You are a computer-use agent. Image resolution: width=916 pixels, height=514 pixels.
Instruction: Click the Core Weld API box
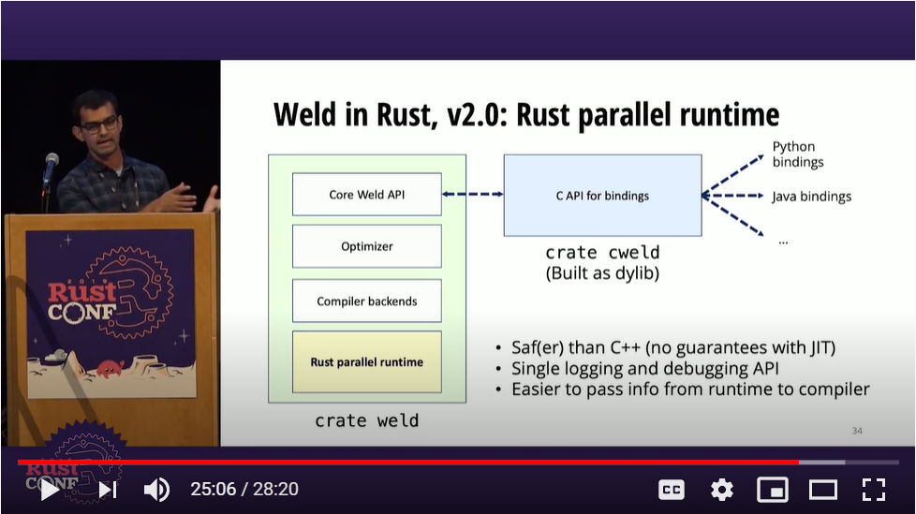coord(367,195)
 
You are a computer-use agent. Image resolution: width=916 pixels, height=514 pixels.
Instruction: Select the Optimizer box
coord(367,246)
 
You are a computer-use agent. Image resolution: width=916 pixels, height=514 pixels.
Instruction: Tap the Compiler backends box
coord(367,301)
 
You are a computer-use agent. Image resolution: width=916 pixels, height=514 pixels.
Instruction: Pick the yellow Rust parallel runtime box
coord(367,362)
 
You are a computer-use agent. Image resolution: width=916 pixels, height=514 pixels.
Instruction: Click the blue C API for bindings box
coord(603,196)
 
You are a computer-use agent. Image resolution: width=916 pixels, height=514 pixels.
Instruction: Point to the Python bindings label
coord(798,154)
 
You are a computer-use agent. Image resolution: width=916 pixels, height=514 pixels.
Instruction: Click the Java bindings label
coord(811,197)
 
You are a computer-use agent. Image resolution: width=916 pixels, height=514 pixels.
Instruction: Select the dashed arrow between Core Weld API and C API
coord(473,194)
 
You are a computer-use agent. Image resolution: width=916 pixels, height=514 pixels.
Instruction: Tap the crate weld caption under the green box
coord(367,420)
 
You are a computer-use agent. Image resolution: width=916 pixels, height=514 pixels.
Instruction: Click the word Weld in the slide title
coord(305,114)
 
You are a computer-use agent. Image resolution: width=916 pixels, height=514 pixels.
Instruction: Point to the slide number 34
coord(857,431)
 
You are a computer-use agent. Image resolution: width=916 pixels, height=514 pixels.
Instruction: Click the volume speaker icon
coord(156,490)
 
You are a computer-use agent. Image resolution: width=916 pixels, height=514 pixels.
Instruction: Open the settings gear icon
coord(722,490)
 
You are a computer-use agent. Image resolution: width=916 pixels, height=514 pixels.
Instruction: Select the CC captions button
coord(672,490)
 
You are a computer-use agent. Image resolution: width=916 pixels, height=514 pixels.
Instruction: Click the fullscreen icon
coord(874,490)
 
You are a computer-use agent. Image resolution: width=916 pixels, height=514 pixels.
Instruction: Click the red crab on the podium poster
coord(110,369)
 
